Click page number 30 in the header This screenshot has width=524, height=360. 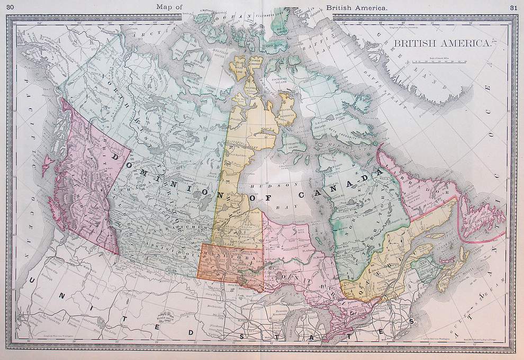tap(10, 7)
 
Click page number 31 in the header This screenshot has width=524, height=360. tap(513, 7)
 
